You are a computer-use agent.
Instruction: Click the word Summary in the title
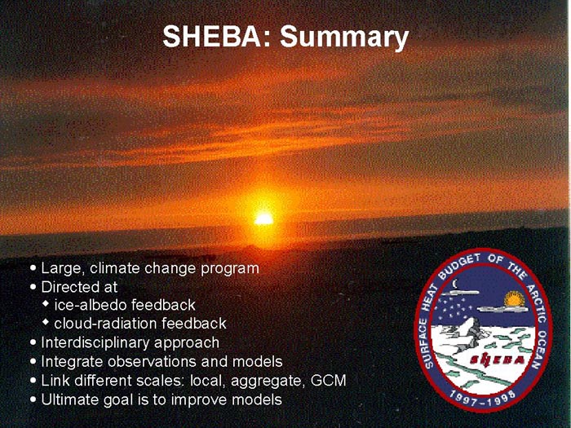click(344, 38)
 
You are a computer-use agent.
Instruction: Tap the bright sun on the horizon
click(263, 219)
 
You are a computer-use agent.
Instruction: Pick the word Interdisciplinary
click(95, 343)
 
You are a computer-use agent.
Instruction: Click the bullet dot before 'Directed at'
click(33, 287)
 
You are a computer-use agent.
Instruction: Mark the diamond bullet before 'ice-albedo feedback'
click(46, 303)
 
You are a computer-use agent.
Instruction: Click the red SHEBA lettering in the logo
click(498, 360)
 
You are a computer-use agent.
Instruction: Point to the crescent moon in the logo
click(455, 284)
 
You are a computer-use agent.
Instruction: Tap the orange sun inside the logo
click(514, 299)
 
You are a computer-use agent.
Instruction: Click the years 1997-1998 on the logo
click(482, 398)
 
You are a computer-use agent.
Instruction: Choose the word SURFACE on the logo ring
click(426, 343)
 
